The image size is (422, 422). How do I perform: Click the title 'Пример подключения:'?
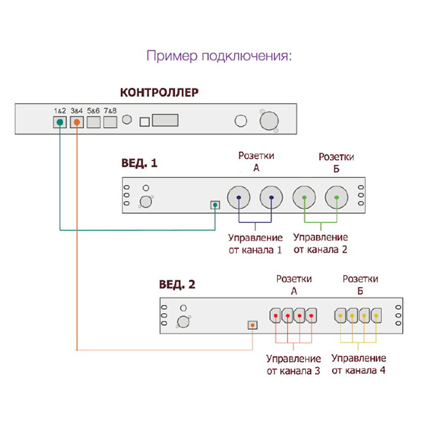click(x=218, y=56)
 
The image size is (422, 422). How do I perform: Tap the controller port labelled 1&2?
click(x=60, y=122)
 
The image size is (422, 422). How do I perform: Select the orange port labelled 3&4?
click(x=77, y=122)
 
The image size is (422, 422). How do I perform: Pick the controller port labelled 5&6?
click(x=94, y=122)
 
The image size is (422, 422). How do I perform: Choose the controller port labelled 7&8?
click(x=110, y=122)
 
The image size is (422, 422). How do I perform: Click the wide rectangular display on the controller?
click(x=165, y=121)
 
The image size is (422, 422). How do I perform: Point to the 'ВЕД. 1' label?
click(x=139, y=162)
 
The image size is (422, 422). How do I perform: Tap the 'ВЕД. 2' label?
click(x=177, y=285)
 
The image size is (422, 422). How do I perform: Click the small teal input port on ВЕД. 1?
click(x=215, y=205)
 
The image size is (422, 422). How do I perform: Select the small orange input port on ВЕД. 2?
click(x=252, y=326)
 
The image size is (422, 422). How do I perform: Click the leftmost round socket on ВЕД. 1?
click(x=240, y=198)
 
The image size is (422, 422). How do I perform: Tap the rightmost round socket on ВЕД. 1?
click(x=337, y=198)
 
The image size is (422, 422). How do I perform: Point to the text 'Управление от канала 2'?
click(x=321, y=243)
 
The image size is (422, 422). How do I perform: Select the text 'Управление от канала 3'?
click(x=294, y=364)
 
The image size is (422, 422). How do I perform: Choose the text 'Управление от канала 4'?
click(x=358, y=364)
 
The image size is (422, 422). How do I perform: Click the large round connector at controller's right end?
click(x=269, y=121)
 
